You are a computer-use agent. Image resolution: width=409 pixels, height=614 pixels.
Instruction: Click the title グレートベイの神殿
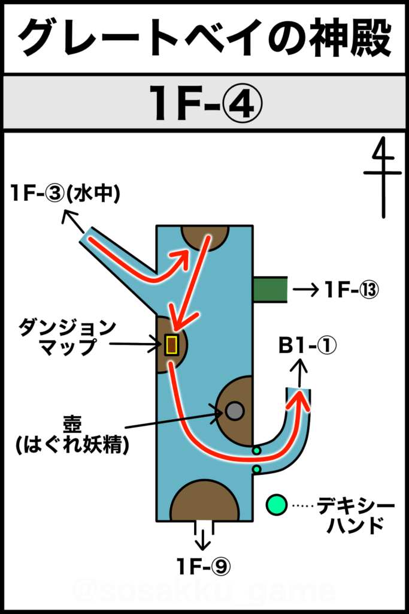205,38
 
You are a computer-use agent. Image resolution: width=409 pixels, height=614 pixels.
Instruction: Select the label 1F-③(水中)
65,194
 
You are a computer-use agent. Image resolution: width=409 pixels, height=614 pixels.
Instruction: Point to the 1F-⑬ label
352,290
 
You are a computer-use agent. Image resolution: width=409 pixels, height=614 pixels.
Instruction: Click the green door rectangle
270,290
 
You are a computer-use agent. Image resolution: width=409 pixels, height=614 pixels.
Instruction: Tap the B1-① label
307,346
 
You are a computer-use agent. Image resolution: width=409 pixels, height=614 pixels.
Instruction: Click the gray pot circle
235,411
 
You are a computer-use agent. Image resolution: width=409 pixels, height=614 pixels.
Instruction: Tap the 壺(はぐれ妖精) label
72,435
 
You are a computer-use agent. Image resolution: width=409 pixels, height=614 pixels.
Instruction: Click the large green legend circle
277,505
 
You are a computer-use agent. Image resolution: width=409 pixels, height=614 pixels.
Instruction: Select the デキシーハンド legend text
355,515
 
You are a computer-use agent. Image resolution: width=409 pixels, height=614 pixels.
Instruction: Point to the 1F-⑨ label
204,566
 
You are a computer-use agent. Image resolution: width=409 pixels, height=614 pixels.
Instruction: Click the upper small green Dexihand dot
256,451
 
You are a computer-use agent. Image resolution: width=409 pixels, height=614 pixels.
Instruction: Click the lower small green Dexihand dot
256,469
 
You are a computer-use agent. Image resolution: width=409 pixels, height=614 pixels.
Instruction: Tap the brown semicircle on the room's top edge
205,237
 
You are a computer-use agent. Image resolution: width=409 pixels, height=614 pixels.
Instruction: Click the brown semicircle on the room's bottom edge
205,502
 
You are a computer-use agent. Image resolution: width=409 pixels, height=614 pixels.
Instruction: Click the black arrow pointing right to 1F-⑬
305,290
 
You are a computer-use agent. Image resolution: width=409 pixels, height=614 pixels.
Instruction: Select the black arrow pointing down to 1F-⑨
203,540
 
